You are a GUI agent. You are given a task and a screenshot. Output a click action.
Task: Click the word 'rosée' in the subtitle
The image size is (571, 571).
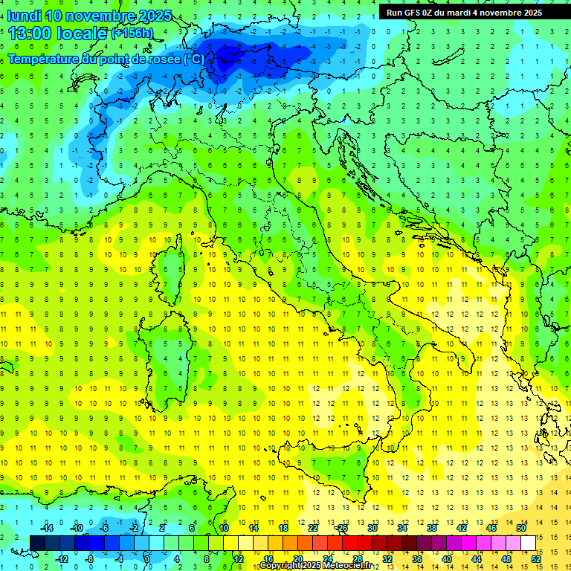click(162, 59)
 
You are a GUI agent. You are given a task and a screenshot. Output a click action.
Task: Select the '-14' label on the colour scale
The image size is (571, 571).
click(46, 528)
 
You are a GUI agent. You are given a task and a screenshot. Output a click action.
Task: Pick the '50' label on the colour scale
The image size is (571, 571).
click(521, 528)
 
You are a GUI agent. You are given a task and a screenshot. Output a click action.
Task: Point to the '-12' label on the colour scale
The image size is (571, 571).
click(62, 558)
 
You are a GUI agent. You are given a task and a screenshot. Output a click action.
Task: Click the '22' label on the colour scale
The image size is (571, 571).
click(313, 528)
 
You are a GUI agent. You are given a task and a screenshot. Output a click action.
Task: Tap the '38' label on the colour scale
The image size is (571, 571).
click(432, 528)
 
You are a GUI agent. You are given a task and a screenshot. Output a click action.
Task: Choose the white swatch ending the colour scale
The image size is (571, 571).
click(528, 543)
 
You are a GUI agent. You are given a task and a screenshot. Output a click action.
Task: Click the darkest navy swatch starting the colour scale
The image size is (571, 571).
click(37, 543)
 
